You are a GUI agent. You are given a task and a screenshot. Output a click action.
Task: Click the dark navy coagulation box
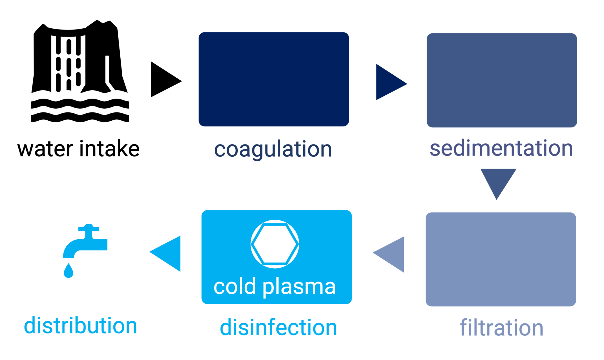point(274,79)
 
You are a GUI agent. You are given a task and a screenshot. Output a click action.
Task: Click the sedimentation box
point(502,80)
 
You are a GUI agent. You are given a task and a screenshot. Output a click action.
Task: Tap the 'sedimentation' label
point(501,148)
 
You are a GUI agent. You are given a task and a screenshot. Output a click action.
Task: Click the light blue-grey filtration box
point(501,259)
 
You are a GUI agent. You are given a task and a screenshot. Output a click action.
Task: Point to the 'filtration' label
point(501,328)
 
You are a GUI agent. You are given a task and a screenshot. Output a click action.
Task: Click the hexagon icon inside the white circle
point(275,244)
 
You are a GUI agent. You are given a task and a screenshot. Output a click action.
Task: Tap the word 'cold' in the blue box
point(234,286)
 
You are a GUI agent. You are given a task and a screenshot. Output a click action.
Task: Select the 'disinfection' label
point(278,327)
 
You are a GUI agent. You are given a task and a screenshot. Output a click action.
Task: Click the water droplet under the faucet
point(68,271)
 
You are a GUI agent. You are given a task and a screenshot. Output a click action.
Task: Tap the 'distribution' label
point(81,325)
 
